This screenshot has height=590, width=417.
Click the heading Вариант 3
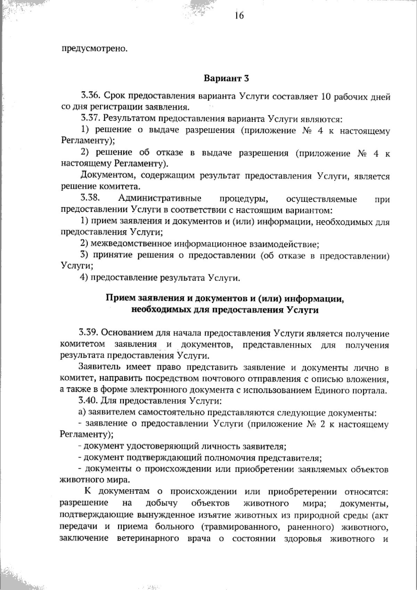pyautogui.click(x=226, y=78)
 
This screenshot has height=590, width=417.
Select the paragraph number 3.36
pyautogui.click(x=91, y=95)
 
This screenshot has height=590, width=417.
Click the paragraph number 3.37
pyautogui.click(x=91, y=119)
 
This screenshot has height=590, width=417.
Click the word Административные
pyautogui.click(x=160, y=199)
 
